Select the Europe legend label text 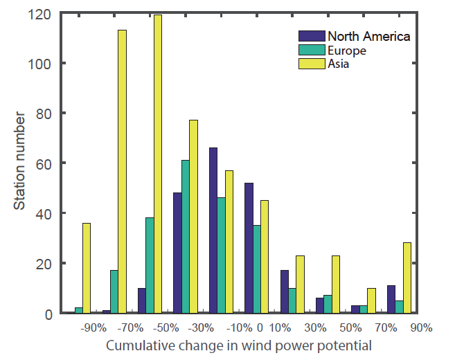(347, 51)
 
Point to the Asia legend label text (339, 64)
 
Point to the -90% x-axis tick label (92, 327)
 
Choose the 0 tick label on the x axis (260, 327)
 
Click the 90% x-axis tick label (420, 327)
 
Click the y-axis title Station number (21, 163)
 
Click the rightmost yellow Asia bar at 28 (407, 278)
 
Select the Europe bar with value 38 (150, 266)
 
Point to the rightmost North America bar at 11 (391, 299)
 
